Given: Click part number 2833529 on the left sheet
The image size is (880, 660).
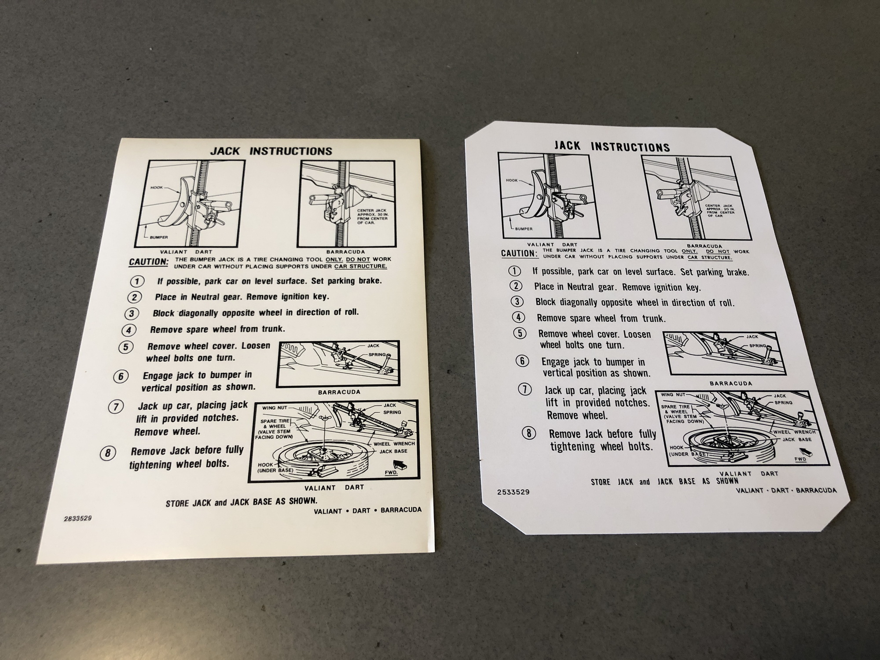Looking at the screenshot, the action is point(78,518).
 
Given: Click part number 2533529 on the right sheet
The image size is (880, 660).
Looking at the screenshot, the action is point(513,492).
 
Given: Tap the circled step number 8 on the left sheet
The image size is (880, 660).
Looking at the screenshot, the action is point(108,453).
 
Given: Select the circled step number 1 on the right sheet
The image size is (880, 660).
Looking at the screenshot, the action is point(514,271).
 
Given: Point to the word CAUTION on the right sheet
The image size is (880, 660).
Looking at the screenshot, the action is point(519,253).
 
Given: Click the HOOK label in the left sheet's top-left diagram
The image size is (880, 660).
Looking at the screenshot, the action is point(157,187).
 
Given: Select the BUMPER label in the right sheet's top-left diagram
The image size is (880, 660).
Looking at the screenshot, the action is point(524,229).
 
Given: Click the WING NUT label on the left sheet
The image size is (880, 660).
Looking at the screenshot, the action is point(275,408).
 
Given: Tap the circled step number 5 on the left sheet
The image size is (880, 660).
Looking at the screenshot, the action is point(126,347).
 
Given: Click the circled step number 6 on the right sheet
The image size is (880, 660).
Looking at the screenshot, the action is point(522,361).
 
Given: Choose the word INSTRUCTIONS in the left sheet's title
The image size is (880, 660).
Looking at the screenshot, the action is point(291,151).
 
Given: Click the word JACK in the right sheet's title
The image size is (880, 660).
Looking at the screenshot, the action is point(567,146).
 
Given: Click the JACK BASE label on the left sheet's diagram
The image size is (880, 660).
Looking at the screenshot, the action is point(393,451).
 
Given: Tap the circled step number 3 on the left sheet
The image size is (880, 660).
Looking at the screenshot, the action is point(132,313).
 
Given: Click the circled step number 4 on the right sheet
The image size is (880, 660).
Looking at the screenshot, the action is point(519,317).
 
